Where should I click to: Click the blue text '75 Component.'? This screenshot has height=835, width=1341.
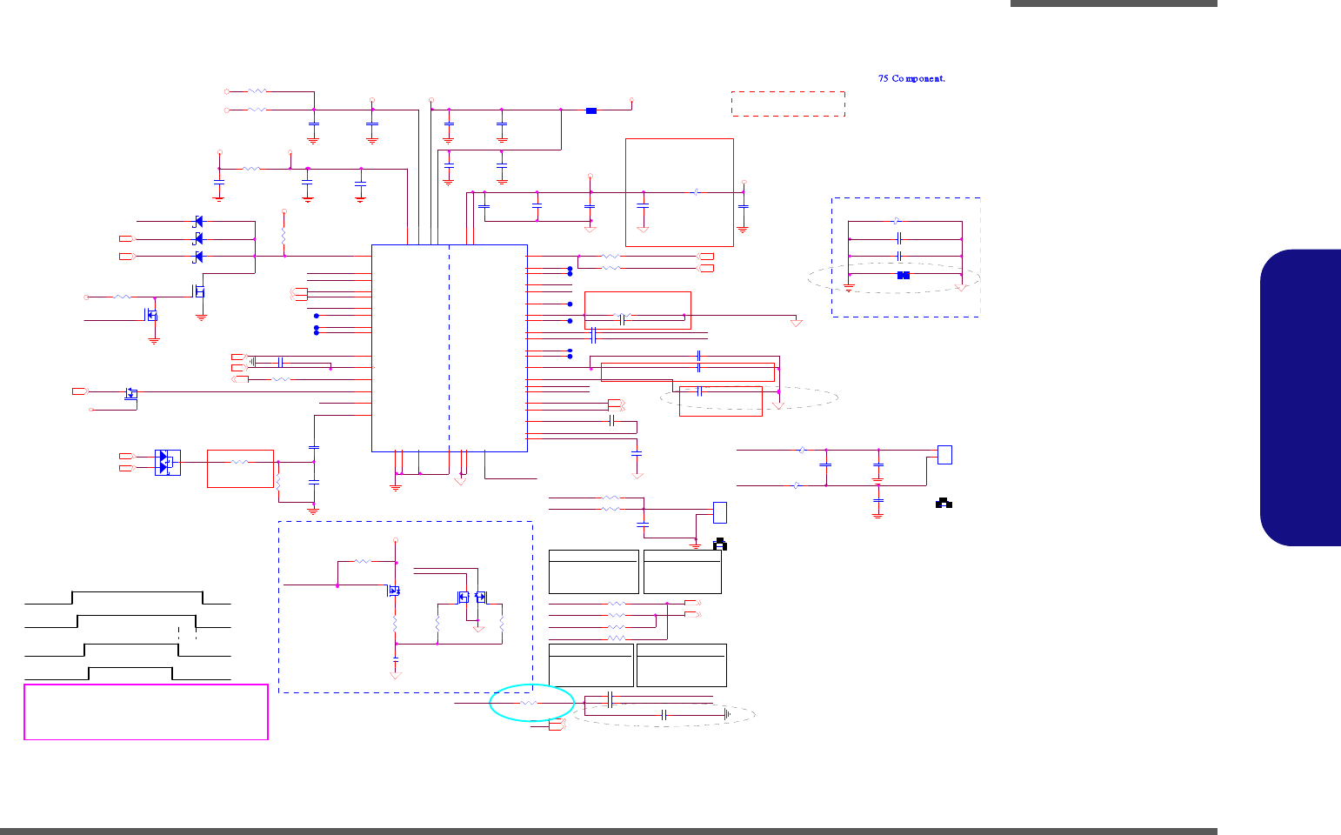911,78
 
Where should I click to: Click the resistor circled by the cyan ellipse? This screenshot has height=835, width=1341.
530,702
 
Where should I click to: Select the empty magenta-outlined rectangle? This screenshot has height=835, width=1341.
146,712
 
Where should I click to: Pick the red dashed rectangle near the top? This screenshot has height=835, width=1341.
788,104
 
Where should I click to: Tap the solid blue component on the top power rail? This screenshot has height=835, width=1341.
591,110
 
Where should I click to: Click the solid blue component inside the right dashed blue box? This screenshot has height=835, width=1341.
904,275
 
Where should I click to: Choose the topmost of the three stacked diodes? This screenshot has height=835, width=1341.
198,222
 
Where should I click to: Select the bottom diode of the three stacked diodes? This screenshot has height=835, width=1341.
198,257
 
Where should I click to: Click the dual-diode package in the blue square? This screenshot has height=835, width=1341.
166,462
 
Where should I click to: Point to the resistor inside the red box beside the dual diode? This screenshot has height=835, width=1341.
240,462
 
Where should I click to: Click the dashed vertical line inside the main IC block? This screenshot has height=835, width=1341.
450,348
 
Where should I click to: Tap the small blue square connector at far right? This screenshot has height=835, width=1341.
944,455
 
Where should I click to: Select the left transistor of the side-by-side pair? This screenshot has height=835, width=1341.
464,597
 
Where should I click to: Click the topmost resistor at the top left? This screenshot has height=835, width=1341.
257,90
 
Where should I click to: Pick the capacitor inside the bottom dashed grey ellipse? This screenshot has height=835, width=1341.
664,715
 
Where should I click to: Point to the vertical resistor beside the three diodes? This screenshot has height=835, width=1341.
284,237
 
